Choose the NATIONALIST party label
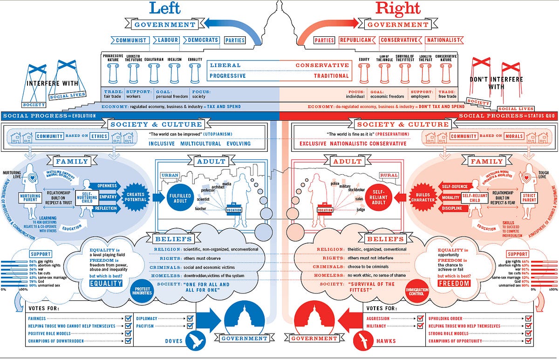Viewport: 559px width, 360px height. point(443,40)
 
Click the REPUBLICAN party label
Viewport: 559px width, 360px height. point(355,40)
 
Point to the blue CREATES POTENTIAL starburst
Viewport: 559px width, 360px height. point(135,197)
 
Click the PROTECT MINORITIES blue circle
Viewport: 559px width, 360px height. point(141,289)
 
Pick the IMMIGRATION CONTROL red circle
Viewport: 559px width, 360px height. point(417,290)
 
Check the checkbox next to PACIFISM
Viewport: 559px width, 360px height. point(190,326)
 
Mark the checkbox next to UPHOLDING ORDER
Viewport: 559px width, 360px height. point(528,319)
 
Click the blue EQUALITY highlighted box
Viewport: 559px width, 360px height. point(106,283)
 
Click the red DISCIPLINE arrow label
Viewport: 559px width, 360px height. point(451,208)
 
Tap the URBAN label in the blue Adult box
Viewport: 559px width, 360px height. point(170,175)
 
